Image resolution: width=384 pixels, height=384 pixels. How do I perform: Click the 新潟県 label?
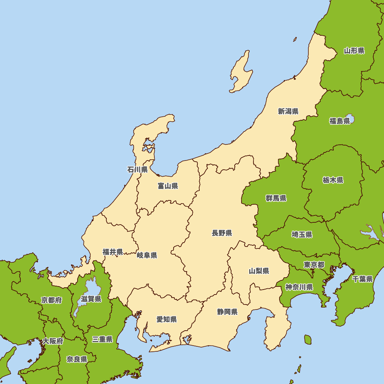[288, 111]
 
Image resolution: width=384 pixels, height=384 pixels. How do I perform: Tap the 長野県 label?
[222, 233]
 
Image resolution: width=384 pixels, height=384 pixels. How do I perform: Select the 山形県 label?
[354, 51]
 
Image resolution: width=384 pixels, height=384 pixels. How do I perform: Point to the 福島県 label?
[339, 121]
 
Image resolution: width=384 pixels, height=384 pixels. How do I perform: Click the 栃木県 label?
[333, 180]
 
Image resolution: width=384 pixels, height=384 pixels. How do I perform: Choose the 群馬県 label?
[276, 199]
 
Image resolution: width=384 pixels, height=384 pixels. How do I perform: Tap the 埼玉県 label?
[302, 235]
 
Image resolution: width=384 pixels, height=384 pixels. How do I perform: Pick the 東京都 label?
[314, 265]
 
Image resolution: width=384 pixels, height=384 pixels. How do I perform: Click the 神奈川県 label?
[299, 287]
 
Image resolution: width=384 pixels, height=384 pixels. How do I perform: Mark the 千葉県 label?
[362, 279]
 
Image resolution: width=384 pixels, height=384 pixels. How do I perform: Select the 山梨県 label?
[259, 271]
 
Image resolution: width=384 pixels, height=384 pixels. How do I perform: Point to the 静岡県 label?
[227, 312]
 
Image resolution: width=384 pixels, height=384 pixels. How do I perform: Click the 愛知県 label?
[167, 319]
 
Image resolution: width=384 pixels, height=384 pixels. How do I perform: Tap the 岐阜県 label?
[147, 255]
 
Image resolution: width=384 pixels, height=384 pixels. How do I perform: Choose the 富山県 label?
[168, 186]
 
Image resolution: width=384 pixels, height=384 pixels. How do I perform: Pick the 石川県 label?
[137, 169]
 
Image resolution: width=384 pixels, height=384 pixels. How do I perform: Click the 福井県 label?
[113, 252]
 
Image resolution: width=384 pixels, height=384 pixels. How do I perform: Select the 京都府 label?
[51, 300]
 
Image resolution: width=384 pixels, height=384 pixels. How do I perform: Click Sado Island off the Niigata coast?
[241, 73]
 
